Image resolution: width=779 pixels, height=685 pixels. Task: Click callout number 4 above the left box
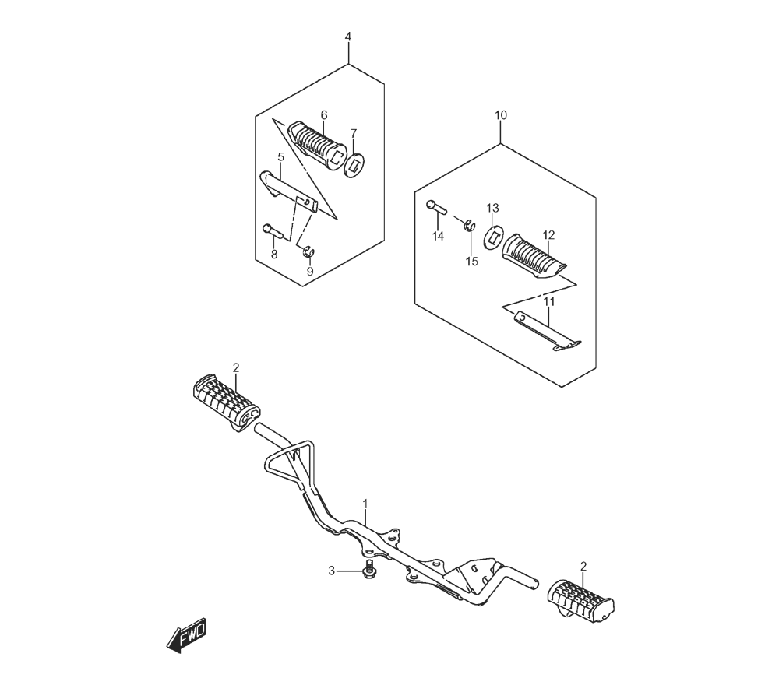pos(348,37)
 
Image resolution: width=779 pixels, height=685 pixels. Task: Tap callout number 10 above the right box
pos(501,115)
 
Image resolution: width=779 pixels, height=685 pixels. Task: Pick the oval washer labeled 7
pos(354,166)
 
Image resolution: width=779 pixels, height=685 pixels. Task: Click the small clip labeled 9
pos(308,251)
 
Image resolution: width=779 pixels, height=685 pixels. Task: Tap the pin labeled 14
pos(437,206)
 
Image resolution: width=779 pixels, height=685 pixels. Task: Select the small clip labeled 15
pos(470,226)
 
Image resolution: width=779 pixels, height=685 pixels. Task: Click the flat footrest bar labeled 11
pos(548,331)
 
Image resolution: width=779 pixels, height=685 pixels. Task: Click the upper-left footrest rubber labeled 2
pos(226,402)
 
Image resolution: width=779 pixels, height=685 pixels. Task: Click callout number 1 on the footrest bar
pos(365,504)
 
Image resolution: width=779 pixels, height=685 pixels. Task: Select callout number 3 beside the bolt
pos(331,571)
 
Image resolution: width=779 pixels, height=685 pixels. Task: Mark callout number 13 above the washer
pos(492,208)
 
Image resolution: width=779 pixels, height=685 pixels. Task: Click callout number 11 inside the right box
pos(548,302)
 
